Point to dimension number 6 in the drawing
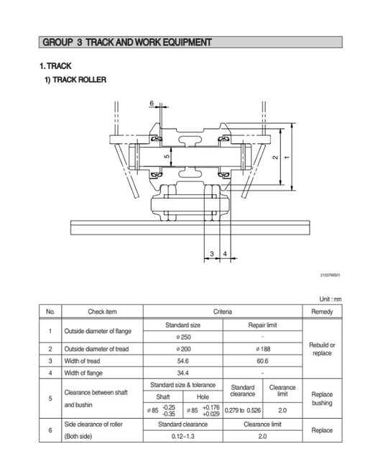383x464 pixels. click(x=152, y=104)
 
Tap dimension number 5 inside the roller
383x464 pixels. click(x=166, y=155)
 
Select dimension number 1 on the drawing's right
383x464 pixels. click(x=287, y=156)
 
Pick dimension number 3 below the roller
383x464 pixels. click(x=212, y=254)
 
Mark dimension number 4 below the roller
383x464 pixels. click(x=225, y=254)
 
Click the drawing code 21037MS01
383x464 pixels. click(x=331, y=274)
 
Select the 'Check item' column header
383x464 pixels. click(x=101, y=311)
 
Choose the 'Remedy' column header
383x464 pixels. click(x=323, y=311)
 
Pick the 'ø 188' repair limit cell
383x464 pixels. click(x=262, y=348)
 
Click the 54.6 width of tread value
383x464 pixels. click(x=183, y=360)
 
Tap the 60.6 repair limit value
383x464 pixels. click(x=262, y=360)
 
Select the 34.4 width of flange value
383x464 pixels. click(x=183, y=373)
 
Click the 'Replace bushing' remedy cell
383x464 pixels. click(x=323, y=399)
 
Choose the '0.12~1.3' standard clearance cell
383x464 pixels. click(x=183, y=437)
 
